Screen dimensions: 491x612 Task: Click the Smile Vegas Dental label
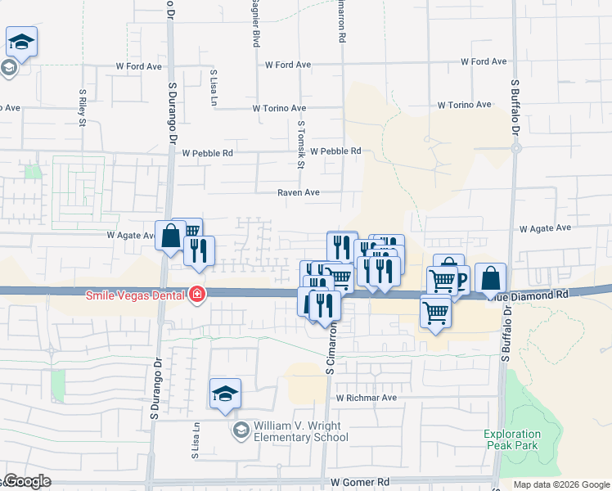click(x=134, y=294)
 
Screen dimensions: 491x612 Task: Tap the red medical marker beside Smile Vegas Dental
click(x=196, y=295)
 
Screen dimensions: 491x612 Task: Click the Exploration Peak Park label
click(x=512, y=440)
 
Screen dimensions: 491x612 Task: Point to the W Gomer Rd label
click(x=359, y=483)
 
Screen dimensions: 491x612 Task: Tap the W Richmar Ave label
click(x=367, y=398)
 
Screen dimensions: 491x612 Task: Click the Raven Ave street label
click(x=298, y=192)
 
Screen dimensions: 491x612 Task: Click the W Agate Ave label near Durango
click(x=131, y=235)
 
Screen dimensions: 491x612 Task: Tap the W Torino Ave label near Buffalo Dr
click(x=464, y=105)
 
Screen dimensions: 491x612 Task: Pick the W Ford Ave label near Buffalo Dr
click(x=484, y=61)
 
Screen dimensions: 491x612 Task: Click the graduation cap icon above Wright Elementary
click(x=225, y=393)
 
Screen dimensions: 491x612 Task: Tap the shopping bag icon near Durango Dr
click(x=170, y=236)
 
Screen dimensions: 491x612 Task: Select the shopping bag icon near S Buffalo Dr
click(x=490, y=278)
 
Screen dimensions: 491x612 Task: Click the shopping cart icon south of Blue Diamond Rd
click(x=435, y=311)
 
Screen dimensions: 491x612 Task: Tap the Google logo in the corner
click(x=26, y=481)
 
